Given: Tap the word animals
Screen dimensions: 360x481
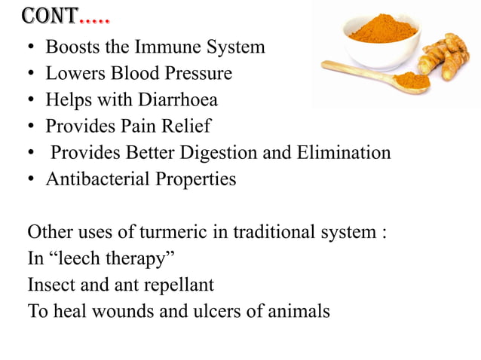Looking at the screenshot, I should (299, 311).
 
